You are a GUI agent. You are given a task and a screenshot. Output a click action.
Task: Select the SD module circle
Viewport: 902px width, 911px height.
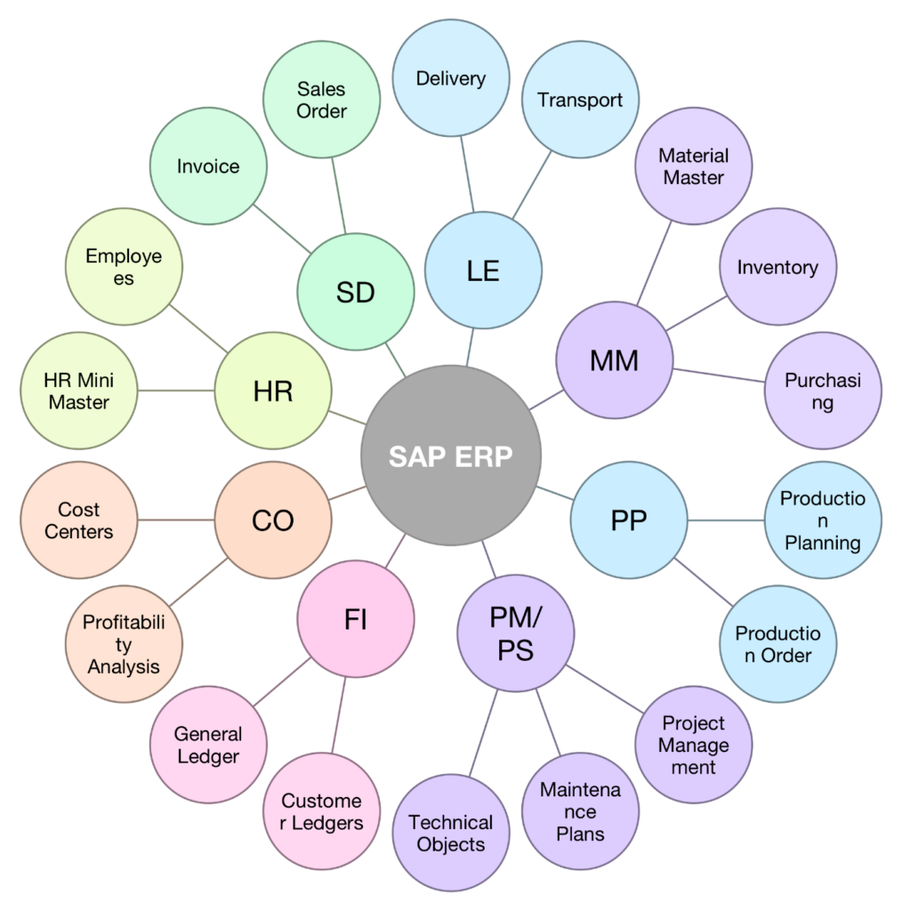tap(355, 293)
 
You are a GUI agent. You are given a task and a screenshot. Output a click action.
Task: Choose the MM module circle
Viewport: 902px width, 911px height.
tap(614, 360)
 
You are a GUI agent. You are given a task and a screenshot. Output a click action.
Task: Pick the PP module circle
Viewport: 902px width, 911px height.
tap(628, 520)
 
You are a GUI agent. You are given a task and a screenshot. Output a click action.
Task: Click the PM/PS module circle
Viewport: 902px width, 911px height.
tap(515, 633)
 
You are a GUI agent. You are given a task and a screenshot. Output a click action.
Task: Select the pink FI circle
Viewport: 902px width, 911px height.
tap(355, 620)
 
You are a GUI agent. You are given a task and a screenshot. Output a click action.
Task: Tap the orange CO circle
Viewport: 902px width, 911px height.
tap(273, 520)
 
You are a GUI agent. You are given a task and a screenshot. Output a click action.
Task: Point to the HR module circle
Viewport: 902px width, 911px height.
tap(273, 391)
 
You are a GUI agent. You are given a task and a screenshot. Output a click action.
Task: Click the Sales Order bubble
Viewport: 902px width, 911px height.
tap(321, 101)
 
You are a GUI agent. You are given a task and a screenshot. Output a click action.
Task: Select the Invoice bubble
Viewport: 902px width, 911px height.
tap(208, 166)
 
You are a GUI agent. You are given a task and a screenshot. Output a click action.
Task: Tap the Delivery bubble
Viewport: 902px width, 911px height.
tap(451, 78)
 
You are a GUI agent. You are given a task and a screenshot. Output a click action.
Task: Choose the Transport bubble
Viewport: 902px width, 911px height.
tap(580, 100)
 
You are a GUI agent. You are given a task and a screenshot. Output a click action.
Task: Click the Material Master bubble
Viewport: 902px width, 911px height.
tap(693, 166)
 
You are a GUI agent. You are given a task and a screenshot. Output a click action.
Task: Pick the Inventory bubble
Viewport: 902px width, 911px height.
tap(777, 267)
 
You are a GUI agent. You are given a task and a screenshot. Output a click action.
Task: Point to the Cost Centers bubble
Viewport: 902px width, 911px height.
tap(79, 520)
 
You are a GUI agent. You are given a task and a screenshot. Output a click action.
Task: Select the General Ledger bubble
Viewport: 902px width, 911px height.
tap(208, 745)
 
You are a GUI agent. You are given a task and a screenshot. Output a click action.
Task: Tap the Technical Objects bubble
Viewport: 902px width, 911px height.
tap(451, 833)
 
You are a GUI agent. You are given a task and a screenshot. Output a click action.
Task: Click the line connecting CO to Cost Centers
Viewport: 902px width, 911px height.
tap(176, 520)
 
